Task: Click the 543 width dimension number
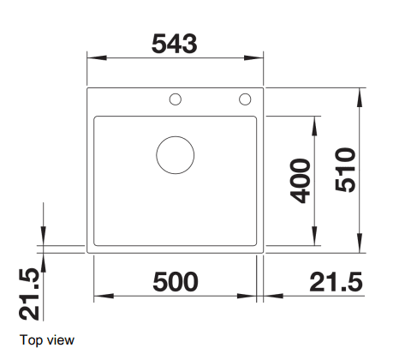pyautogui.click(x=174, y=44)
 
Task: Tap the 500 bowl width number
pyautogui.click(x=176, y=282)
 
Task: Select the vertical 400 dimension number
pyautogui.click(x=300, y=181)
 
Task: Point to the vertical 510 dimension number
pyautogui.click(x=345, y=170)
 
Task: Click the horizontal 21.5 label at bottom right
pyautogui.click(x=336, y=282)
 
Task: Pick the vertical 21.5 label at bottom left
pyautogui.click(x=29, y=294)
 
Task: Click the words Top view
pyautogui.click(x=47, y=340)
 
